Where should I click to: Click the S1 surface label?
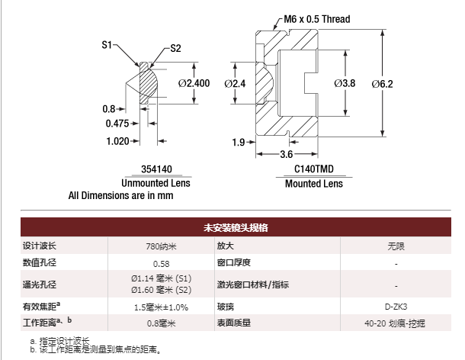point(107,45)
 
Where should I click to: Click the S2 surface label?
point(175,48)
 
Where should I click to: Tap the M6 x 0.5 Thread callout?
point(316,19)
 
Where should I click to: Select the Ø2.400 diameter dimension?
point(194,83)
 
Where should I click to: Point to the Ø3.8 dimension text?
point(345,83)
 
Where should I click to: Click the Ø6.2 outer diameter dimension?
point(382,84)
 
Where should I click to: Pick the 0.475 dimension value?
point(117,124)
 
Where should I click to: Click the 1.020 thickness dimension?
point(117,141)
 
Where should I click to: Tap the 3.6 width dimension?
point(286,154)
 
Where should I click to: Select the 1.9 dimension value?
point(239,143)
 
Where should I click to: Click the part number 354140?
point(156,169)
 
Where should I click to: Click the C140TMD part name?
point(314,169)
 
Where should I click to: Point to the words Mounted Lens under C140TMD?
point(314,184)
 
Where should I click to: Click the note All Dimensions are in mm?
point(120,195)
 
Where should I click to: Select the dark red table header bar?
point(236,227)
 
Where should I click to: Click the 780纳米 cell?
point(161,246)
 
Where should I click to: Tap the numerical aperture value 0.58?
point(161,264)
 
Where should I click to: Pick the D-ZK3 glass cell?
point(396,307)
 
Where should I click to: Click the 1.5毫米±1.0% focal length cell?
point(161,307)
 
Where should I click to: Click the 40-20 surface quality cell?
point(395,323)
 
